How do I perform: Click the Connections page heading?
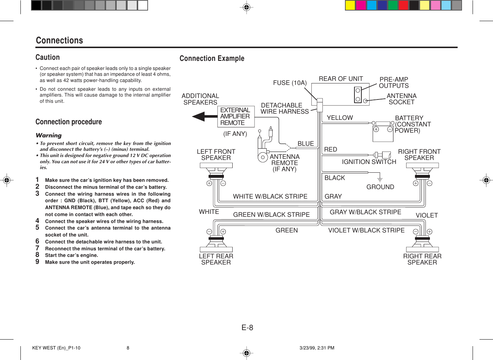[59, 40]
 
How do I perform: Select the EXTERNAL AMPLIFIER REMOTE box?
[236, 117]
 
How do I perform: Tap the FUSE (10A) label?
[290, 83]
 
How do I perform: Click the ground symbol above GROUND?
[380, 179]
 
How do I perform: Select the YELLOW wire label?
[339, 118]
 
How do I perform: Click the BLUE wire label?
[306, 144]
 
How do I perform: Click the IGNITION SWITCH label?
[369, 162]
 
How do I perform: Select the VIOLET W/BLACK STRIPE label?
[366, 230]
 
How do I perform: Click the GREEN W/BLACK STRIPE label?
[271, 215]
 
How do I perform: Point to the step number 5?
[37, 228]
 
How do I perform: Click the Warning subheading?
[48, 135]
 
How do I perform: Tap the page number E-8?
[247, 328]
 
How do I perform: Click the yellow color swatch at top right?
[350, 5]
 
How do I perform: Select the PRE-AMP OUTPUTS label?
[393, 82]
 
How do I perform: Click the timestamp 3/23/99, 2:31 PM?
[317, 348]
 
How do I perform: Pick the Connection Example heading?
[212, 58]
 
